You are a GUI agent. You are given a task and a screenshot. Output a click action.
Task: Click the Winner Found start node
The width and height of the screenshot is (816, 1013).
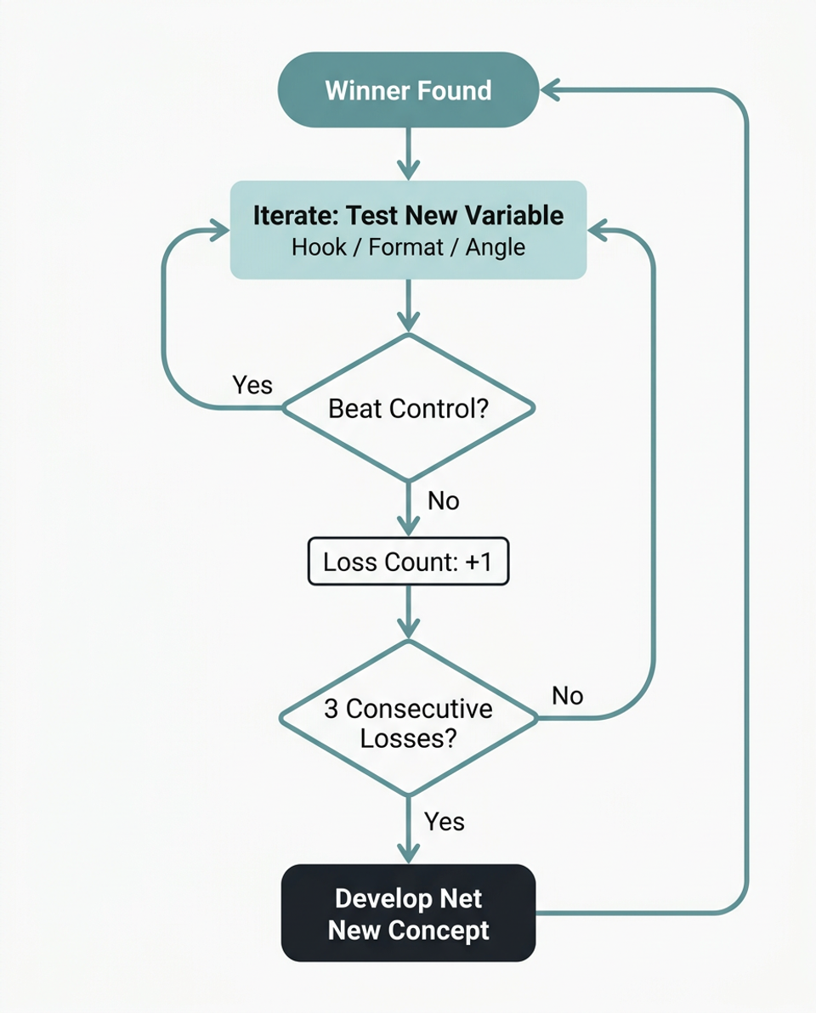[x=408, y=90]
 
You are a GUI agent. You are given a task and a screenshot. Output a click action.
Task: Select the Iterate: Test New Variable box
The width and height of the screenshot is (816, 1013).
[x=408, y=229]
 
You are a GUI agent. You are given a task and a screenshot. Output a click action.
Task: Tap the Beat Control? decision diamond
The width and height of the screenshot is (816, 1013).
[x=408, y=408]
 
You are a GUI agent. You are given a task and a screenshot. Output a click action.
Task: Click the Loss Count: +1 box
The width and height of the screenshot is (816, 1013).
[x=408, y=562]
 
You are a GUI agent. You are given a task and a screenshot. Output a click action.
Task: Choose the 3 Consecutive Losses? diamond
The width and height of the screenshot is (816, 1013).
[x=408, y=719]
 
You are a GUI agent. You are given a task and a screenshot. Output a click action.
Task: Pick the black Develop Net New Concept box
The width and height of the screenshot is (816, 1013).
[x=408, y=914]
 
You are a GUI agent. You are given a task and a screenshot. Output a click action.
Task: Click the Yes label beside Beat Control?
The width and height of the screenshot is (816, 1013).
[x=252, y=385]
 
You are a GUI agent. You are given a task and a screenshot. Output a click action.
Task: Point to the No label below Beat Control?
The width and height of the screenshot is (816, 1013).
[x=443, y=501]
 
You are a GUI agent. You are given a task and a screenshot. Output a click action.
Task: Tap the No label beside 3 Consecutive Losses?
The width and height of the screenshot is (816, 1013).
[x=567, y=696]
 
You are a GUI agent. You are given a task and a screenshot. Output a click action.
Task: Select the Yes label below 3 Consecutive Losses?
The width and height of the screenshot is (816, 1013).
[x=445, y=821]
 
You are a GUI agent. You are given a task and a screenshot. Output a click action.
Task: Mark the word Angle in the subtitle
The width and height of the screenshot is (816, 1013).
[x=496, y=247]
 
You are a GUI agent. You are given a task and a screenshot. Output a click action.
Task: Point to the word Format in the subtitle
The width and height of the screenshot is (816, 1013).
[x=407, y=247]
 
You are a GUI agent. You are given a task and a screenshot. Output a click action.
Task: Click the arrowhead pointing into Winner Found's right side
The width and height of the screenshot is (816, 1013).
[x=551, y=89]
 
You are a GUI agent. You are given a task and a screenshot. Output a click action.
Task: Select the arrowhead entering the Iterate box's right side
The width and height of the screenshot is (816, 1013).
[x=598, y=230]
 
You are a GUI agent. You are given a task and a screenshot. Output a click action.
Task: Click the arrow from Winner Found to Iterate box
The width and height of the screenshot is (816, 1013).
[x=409, y=153]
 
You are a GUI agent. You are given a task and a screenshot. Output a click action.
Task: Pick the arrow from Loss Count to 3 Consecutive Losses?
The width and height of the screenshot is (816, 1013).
[x=409, y=610]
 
